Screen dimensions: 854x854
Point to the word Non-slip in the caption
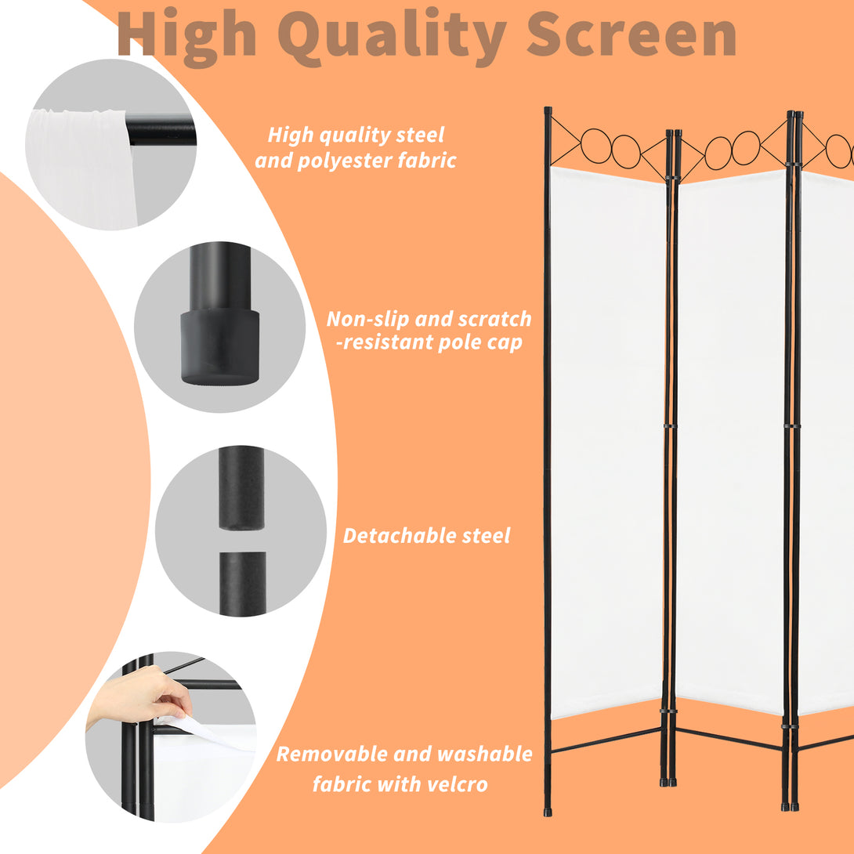tap(367, 319)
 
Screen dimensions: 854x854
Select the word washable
tap(485, 754)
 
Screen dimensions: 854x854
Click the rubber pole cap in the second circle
tap(220, 346)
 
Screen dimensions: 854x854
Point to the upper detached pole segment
tap(241, 488)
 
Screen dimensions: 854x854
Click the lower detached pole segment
tap(243, 584)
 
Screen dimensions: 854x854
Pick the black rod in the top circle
tap(161, 129)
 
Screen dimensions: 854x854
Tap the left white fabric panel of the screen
tap(607, 442)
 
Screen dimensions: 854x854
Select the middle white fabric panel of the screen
tap(732, 441)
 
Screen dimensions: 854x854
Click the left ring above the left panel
tap(595, 146)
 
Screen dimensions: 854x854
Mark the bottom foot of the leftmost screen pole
tap(548, 811)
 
